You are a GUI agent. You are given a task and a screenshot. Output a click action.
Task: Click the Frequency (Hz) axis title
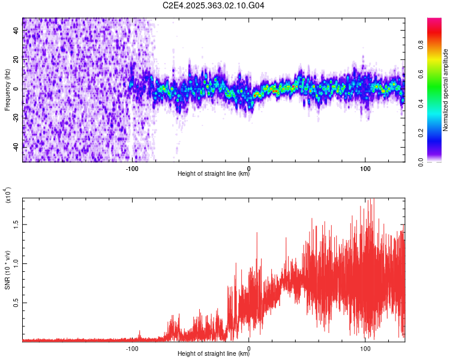pyautogui.click(x=7, y=89)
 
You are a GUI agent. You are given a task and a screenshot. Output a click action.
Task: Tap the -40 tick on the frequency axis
pyautogui.click(x=16, y=146)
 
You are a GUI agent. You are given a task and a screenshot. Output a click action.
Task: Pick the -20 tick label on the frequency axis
pyautogui.click(x=16, y=118)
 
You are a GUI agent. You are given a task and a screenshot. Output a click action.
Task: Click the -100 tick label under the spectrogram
pyautogui.click(x=132, y=168)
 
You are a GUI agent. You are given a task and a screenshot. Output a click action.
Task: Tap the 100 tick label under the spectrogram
pyautogui.click(x=365, y=168)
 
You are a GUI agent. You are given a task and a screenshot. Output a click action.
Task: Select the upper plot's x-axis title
pyautogui.click(x=214, y=175)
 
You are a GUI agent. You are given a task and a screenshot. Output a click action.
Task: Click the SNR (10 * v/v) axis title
pyautogui.click(x=8, y=267)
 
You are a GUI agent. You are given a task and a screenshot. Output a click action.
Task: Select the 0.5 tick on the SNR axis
pyautogui.click(x=16, y=303)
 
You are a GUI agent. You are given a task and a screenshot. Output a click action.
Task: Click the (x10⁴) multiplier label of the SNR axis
pyautogui.click(x=8, y=196)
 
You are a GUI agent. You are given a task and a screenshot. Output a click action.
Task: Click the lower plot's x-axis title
pyautogui.click(x=214, y=354)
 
